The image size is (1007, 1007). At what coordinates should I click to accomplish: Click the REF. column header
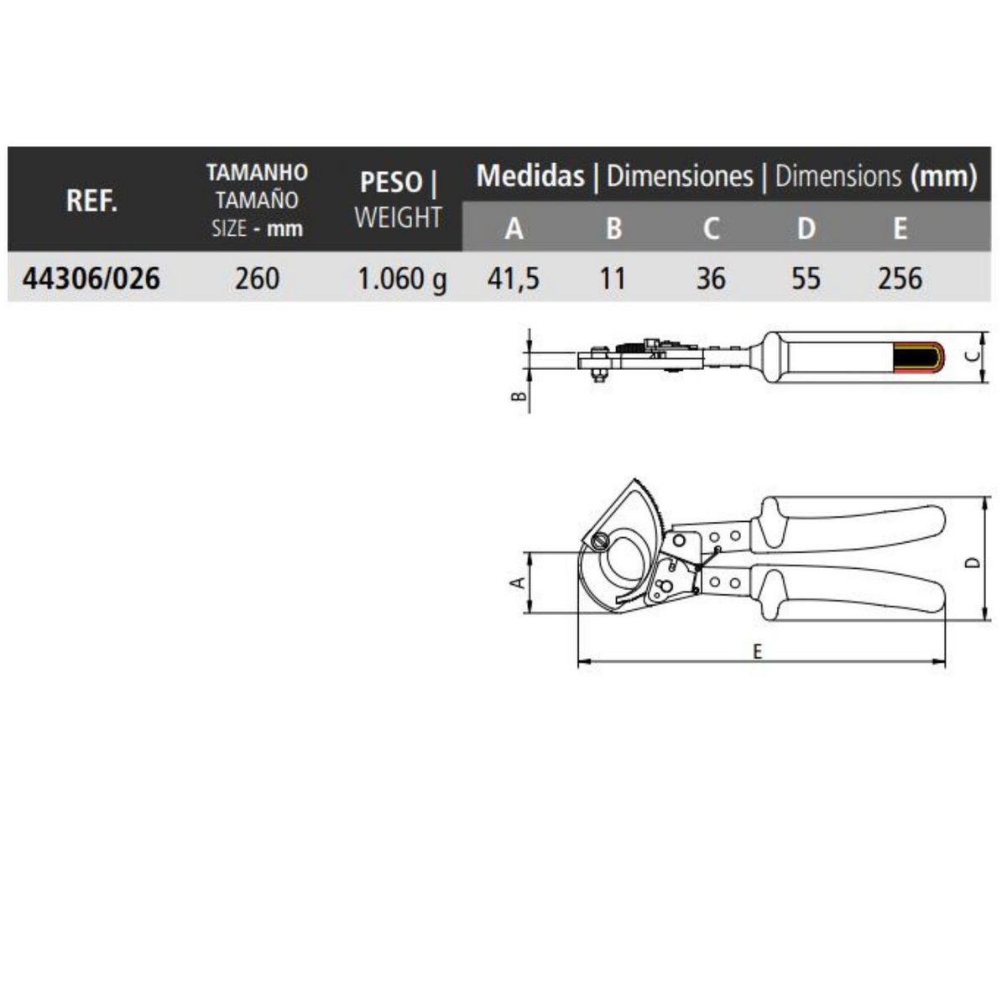tap(91, 201)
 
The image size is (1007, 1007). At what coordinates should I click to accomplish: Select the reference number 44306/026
tap(91, 278)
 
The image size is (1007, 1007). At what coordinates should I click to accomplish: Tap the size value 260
tap(257, 278)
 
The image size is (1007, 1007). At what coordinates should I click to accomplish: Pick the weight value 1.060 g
tap(402, 279)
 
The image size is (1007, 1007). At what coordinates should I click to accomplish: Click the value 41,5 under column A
tap(513, 278)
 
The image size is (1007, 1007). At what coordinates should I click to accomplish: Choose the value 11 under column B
tap(613, 278)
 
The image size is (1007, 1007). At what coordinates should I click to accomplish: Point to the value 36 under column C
tap(710, 278)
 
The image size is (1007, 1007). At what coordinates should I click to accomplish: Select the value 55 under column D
tap(806, 278)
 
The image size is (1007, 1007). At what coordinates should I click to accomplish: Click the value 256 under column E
tap(900, 278)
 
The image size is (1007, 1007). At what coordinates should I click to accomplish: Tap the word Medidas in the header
tap(530, 176)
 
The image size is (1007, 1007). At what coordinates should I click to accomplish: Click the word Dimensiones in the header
tap(680, 176)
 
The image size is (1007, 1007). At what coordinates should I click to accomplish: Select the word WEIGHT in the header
tap(398, 217)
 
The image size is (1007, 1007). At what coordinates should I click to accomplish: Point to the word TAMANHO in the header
tap(257, 173)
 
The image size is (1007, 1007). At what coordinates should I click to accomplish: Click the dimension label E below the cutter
tap(757, 651)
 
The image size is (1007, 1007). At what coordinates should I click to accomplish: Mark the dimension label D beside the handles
tap(972, 561)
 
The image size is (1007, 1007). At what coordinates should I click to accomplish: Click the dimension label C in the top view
tap(972, 356)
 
